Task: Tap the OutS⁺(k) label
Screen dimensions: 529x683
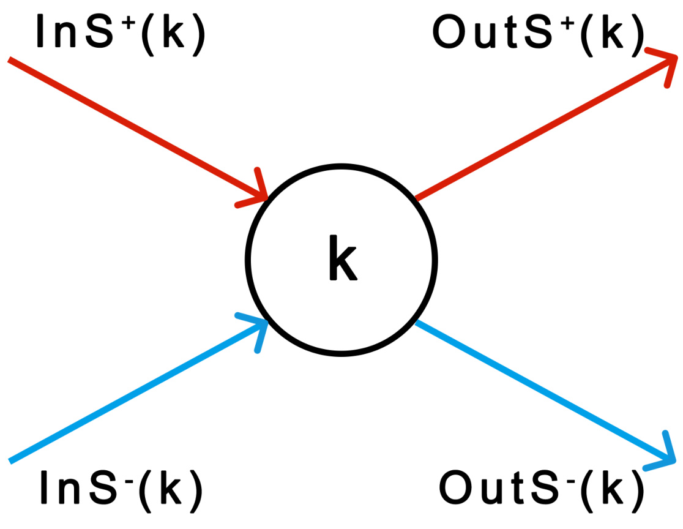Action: [x=538, y=34]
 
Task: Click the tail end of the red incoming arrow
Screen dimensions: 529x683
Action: [x=11, y=60]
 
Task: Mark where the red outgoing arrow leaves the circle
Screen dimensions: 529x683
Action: [x=416, y=198]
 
